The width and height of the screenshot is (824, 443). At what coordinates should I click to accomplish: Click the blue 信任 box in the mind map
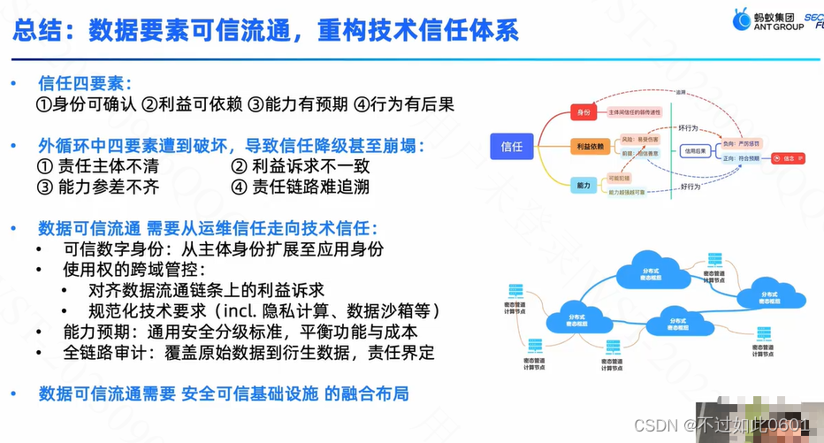tap(511, 147)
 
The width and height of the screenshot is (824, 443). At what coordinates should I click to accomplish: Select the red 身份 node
tap(584, 112)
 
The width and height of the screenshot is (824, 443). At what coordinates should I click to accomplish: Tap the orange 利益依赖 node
tap(589, 146)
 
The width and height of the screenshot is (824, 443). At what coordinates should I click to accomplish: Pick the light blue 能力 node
tap(584, 185)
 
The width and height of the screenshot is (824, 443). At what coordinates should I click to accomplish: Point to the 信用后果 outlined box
tap(698, 151)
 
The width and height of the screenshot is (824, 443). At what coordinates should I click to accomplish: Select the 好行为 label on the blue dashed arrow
tap(690, 187)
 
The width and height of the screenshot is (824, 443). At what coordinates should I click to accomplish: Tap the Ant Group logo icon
tap(740, 19)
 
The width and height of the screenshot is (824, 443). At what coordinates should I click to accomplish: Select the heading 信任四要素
tap(84, 84)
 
